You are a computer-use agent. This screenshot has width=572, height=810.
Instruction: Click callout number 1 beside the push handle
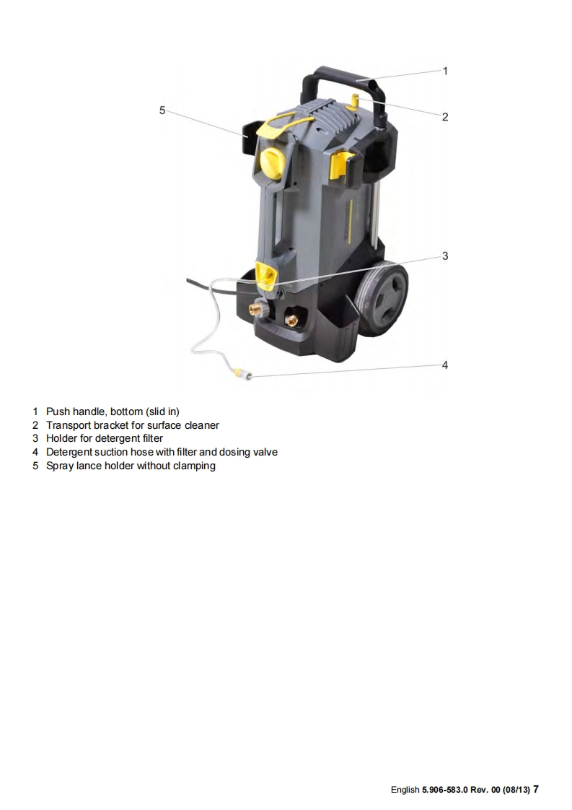point(445,71)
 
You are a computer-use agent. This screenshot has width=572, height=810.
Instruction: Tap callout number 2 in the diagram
point(445,117)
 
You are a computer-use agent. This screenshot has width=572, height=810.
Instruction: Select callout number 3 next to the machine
point(445,256)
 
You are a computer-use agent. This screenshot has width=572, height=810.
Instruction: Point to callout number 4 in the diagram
point(445,365)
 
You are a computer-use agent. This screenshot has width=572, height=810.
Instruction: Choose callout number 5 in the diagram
point(162,110)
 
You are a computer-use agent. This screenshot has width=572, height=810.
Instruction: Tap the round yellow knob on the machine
point(272,162)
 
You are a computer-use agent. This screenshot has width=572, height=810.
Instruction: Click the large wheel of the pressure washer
point(383,298)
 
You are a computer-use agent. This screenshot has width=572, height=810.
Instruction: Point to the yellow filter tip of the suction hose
point(242,373)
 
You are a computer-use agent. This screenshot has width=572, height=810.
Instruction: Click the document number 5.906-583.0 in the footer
point(445,790)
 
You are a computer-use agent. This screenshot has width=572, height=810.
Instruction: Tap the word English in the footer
point(405,790)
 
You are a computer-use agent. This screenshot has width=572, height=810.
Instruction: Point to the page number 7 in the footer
point(536,789)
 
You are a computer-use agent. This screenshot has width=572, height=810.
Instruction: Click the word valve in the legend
point(265,452)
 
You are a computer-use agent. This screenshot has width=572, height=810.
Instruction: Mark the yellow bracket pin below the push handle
point(354,100)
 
